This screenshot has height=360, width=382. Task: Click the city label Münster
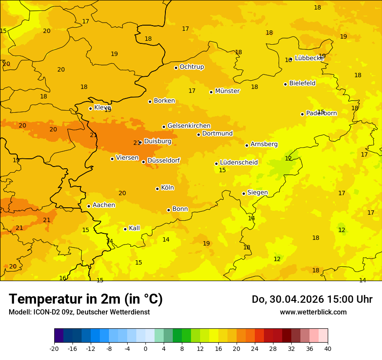(x=227, y=91)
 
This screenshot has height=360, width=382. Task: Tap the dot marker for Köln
(x=157, y=189)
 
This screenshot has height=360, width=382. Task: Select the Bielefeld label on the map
(x=302, y=83)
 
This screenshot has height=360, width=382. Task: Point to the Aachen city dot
(x=89, y=206)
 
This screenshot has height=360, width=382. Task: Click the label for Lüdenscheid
(x=239, y=163)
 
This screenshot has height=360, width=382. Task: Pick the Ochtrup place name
(x=191, y=67)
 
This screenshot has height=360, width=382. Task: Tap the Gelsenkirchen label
(x=189, y=126)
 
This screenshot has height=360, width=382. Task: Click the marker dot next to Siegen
(x=244, y=193)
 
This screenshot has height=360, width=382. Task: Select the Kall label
(x=134, y=228)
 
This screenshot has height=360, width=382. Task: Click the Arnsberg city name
(x=264, y=144)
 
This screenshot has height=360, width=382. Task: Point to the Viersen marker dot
(x=112, y=159)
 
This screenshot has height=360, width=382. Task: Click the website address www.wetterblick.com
(x=313, y=312)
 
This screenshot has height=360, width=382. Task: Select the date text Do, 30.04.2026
(x=286, y=299)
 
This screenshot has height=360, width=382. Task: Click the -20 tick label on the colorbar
(x=54, y=348)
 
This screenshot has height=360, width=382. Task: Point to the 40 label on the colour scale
(x=328, y=348)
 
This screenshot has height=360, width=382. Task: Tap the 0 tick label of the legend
(x=145, y=348)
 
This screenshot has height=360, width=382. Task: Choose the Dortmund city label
(x=217, y=134)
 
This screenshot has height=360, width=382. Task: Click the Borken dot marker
(x=150, y=101)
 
